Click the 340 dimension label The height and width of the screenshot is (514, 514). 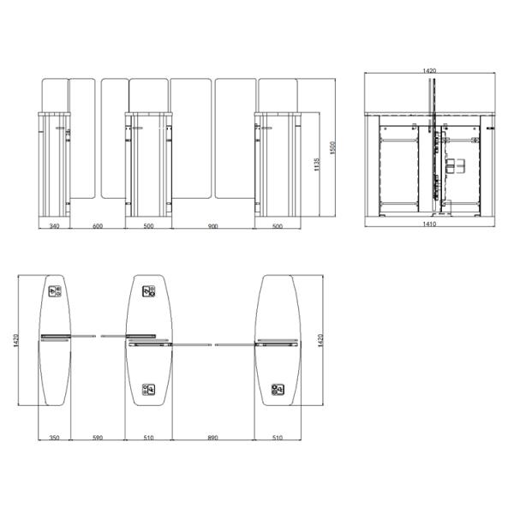(54, 226)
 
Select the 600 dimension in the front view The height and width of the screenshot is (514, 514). (98, 226)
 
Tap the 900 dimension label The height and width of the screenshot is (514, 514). (213, 226)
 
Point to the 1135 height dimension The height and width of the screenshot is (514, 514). (316, 164)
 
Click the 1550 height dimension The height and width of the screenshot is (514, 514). (332, 148)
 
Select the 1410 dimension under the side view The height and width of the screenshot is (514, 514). (429, 224)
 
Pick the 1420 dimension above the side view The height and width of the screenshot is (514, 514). (429, 70)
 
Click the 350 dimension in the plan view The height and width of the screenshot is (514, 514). (54, 437)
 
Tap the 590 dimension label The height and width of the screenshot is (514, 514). (98, 437)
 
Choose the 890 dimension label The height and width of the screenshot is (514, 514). (213, 437)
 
